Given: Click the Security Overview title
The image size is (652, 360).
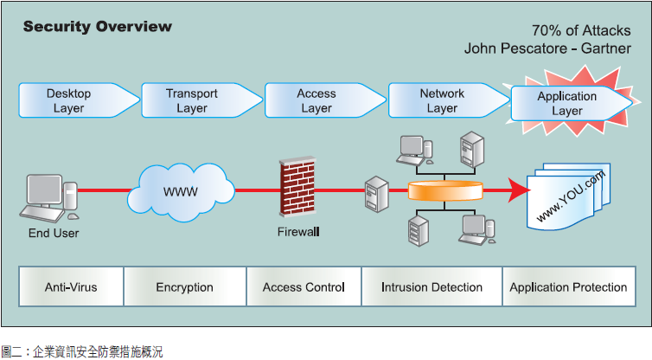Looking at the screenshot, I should pyautogui.click(x=97, y=26).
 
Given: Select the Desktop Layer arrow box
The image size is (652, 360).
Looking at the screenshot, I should pyautogui.click(x=74, y=100).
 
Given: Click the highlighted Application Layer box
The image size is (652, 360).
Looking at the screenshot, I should pyautogui.click(x=567, y=104).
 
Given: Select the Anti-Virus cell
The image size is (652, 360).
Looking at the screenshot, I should pyautogui.click(x=71, y=287).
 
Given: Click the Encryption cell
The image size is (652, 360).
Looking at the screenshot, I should pyautogui.click(x=184, y=287).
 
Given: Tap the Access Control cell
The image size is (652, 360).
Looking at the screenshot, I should pyautogui.click(x=303, y=287).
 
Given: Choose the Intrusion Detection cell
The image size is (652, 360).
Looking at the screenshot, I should pyautogui.click(x=431, y=287).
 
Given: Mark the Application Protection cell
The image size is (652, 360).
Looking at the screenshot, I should pyautogui.click(x=568, y=287).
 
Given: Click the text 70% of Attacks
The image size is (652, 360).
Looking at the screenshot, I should pyautogui.click(x=582, y=31).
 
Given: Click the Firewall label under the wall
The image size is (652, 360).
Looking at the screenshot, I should pyautogui.click(x=299, y=232).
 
